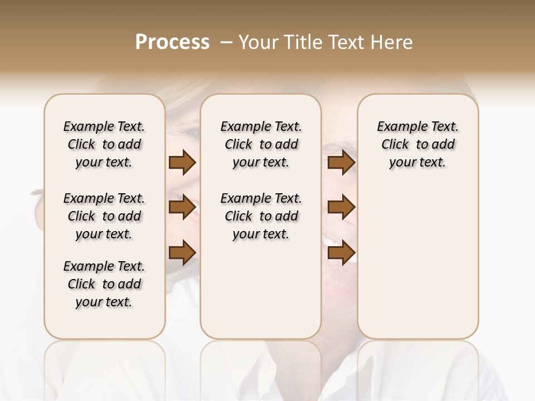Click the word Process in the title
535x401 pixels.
point(172,42)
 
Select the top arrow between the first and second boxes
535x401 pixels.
point(182,163)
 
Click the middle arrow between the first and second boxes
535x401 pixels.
point(182,207)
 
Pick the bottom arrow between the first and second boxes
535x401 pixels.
point(182,252)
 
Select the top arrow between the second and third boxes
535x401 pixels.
point(341,163)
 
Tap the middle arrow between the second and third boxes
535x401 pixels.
point(341,207)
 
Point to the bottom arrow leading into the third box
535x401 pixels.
point(341,252)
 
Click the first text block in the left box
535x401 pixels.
point(104,144)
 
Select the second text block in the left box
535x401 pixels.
point(104,216)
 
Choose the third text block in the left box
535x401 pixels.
point(104,284)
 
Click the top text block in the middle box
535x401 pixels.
point(261,144)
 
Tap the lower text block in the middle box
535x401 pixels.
point(261,216)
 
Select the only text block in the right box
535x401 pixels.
point(417,144)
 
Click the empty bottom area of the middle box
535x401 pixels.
point(261,295)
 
